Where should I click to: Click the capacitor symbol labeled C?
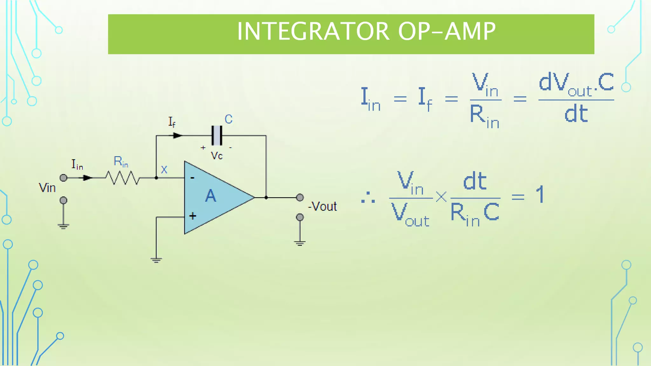(x=217, y=136)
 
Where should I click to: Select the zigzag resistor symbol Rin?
(x=122, y=178)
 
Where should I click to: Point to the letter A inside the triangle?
(x=210, y=196)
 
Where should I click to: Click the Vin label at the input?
(x=47, y=188)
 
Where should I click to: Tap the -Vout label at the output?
(x=323, y=207)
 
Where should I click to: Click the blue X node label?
(x=164, y=170)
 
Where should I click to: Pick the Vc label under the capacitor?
(x=216, y=156)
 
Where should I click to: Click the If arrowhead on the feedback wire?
(x=178, y=136)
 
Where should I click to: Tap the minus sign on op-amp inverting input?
(x=192, y=178)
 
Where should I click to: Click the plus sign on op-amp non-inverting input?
(x=193, y=216)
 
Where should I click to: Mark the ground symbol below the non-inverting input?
(x=156, y=260)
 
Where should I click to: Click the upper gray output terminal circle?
(x=300, y=198)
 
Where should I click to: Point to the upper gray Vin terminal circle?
(x=64, y=178)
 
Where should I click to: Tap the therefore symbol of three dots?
(x=368, y=198)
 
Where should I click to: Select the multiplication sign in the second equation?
(x=441, y=197)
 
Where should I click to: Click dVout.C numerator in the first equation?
(x=576, y=83)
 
